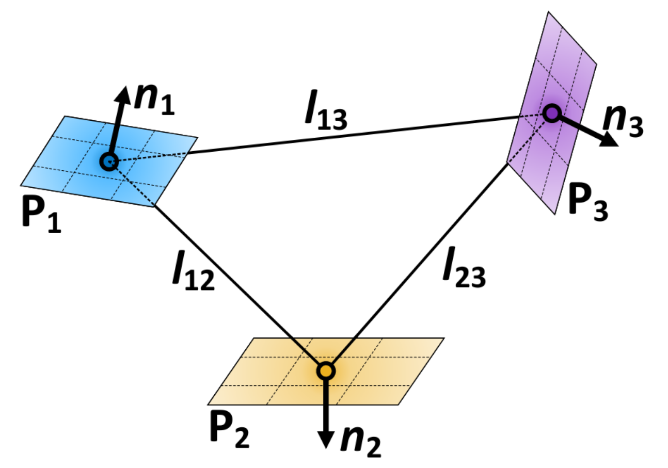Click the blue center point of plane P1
coord(109,162)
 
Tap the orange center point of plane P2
coord(326,370)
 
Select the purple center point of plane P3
coord(551,112)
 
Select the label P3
coord(587,204)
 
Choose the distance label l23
coord(464,272)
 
